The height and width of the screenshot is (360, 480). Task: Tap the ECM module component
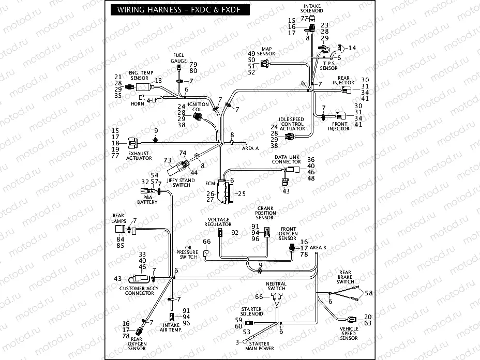click(224, 192)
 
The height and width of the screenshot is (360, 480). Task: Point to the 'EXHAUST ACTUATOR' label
click(139, 156)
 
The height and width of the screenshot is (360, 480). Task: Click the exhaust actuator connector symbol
click(133, 141)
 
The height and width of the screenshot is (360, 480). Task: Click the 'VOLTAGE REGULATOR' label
click(218, 222)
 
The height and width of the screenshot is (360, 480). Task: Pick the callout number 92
click(235, 233)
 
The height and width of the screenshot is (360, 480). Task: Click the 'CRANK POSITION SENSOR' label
click(265, 213)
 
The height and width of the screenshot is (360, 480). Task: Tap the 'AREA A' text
click(250, 148)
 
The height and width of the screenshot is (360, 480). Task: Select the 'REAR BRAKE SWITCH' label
click(346, 278)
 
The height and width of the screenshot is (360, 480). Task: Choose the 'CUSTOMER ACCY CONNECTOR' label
click(137, 291)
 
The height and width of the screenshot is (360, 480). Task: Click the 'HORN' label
click(137, 104)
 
